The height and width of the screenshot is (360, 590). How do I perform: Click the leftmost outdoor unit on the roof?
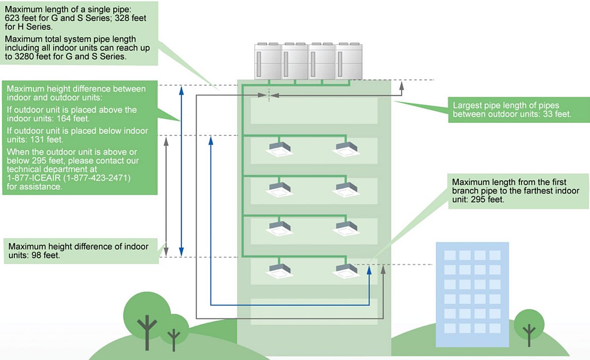(268, 61)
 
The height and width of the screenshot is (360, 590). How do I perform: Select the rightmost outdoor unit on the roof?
(349, 61)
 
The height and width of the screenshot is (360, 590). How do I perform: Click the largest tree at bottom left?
(145, 314)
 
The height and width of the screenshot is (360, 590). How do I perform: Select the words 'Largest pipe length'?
(490, 105)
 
